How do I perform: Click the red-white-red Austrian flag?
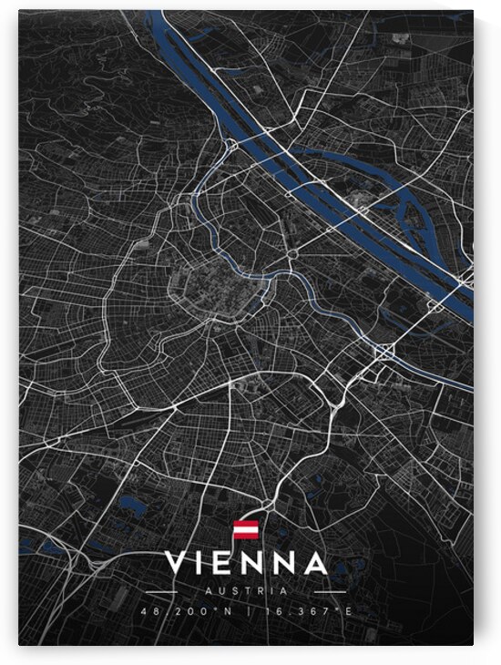tap(246, 530)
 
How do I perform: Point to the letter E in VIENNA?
tap(227, 563)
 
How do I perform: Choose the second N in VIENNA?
tap(284, 563)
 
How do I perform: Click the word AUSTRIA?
tap(246, 589)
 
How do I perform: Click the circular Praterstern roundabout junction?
tap(294, 251)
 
